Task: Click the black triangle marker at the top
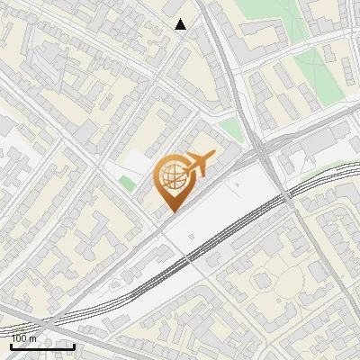[181, 24]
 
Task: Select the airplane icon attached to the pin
[199, 164]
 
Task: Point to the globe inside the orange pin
[171, 175]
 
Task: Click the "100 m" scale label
[24, 339]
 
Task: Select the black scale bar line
[41, 346]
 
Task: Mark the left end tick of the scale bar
[10, 345]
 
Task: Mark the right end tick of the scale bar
[74, 345]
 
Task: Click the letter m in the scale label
[33, 339]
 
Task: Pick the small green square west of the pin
[127, 183]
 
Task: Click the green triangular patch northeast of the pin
[231, 129]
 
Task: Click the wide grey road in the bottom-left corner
[27, 319]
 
